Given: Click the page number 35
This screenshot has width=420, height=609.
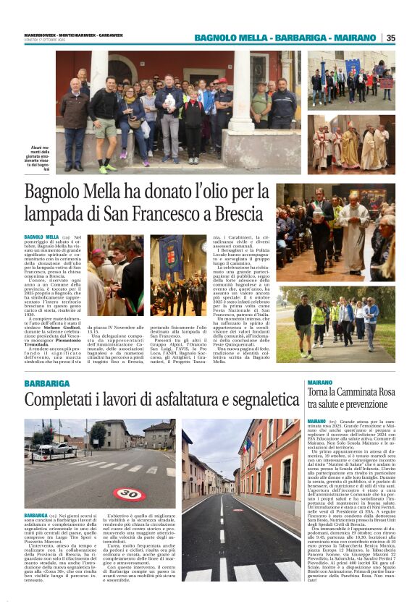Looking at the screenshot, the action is [391, 38].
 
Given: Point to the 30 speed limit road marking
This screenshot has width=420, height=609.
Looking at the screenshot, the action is [128, 495].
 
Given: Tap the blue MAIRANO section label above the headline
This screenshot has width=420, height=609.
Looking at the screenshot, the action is [319, 382].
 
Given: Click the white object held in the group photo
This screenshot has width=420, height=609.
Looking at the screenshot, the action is [169, 103].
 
